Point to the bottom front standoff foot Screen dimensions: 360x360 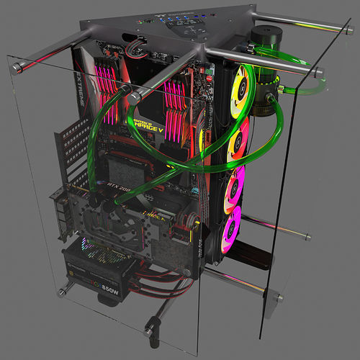pyautogui.click(x=150, y=332)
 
